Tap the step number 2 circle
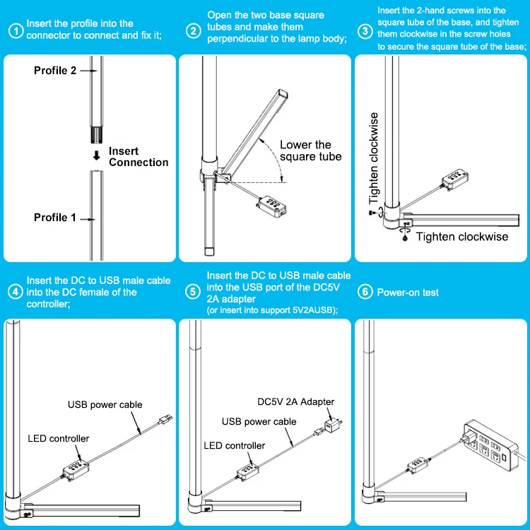pyautogui.click(x=194, y=31)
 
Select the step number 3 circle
pyautogui.click(x=365, y=31)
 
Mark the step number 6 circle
pyautogui.click(x=365, y=293)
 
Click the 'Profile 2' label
pyautogui.click(x=54, y=71)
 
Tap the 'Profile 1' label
pyautogui.click(x=54, y=218)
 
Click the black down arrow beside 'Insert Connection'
pyautogui.click(x=96, y=156)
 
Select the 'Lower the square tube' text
pyautogui.click(x=310, y=151)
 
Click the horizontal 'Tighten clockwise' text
pyautogui.click(x=461, y=237)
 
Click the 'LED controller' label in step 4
pyautogui.click(x=59, y=439)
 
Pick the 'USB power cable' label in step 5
pyautogui.click(x=259, y=422)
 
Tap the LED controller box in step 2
pyautogui.click(x=272, y=206)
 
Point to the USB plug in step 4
pyautogui.click(x=165, y=420)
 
